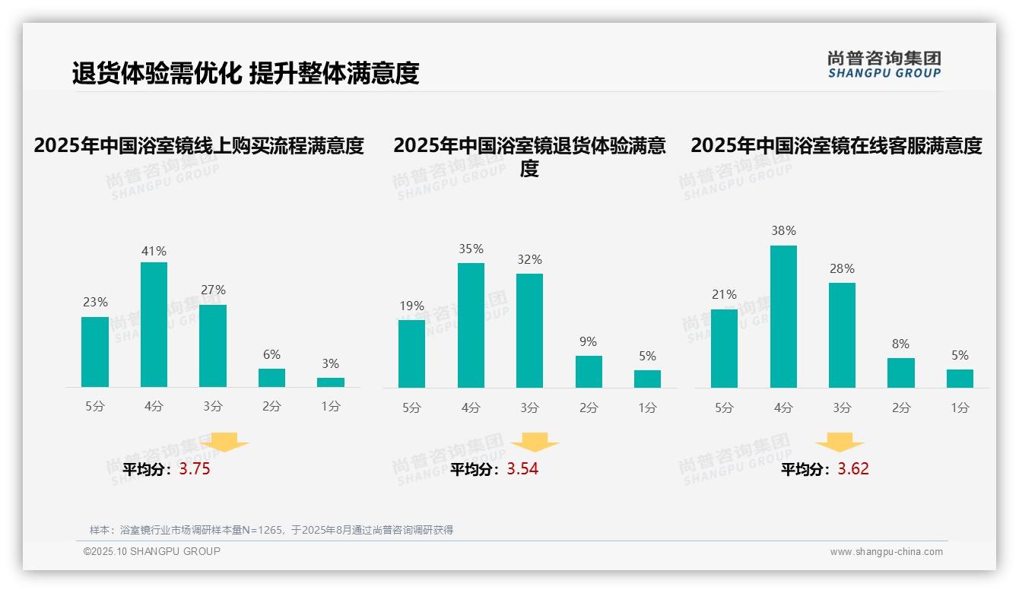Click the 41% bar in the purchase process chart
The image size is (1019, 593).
pos(154,325)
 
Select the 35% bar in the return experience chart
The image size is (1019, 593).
pos(471,325)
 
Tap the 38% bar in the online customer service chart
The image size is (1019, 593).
pos(783,316)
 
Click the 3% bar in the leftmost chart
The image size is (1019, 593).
pos(331,382)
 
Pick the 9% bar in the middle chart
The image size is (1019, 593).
pos(589,372)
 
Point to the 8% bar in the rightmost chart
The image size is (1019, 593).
pos(901,373)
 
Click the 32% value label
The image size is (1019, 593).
pos(529,259)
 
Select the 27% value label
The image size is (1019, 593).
pos(213,290)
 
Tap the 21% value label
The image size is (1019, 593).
pos(724,294)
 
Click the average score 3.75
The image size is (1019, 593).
pos(195,469)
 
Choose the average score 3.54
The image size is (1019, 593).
pos(522,469)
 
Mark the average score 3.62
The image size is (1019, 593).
pos(853,469)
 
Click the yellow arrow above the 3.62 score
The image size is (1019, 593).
pos(840,443)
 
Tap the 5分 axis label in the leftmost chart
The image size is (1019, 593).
pos(95,407)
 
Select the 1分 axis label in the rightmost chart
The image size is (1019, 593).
pos(960,407)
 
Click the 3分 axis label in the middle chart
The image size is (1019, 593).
pos(529,407)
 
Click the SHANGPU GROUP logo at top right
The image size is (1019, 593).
pos(884,65)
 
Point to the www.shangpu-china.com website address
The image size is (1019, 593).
pos(886,552)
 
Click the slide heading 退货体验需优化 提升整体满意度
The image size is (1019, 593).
pos(246,74)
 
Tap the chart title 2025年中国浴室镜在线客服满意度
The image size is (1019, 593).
pos(836,145)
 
